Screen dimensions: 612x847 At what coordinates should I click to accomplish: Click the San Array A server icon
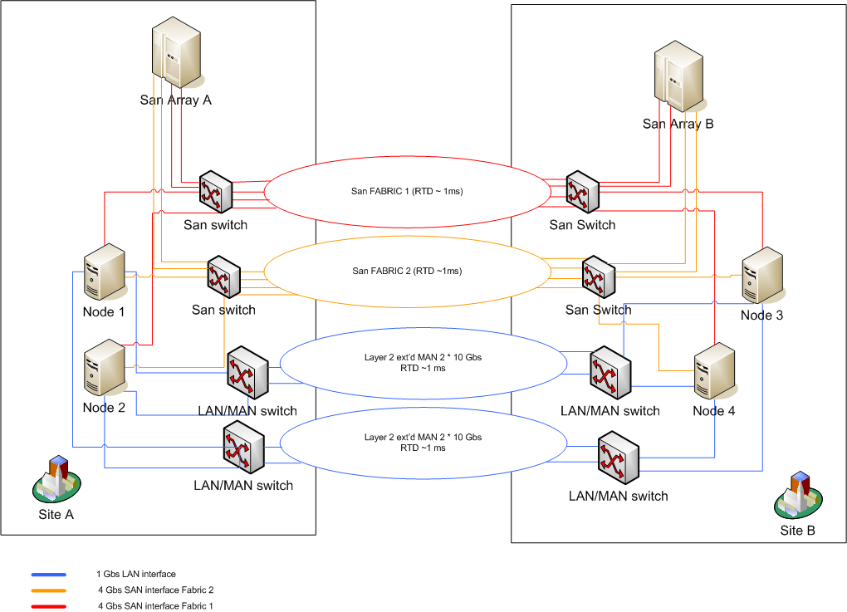177,55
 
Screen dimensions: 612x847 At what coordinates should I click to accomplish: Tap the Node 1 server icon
104,274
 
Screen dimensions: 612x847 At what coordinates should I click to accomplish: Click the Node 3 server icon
762,277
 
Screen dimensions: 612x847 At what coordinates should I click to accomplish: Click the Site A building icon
56,479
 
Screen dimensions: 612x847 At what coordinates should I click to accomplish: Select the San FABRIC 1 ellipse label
407,191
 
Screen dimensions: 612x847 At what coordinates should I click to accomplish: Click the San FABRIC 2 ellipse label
407,271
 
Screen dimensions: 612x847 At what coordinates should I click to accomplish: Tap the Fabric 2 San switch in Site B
598,276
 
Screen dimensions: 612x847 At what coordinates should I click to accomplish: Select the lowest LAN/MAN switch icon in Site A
243,449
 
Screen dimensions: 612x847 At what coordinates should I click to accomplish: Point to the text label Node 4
714,411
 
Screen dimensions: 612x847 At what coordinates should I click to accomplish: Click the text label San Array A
176,100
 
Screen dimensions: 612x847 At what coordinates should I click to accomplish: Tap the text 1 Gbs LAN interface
136,575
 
